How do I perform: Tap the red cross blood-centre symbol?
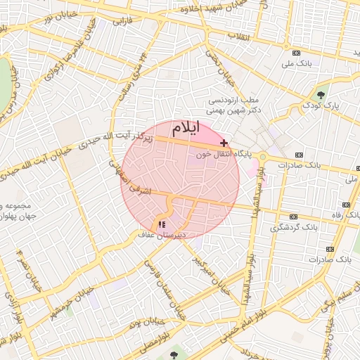click(x=224, y=143)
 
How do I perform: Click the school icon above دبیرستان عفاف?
click(x=162, y=224)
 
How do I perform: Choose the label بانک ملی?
click(x=297, y=63)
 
